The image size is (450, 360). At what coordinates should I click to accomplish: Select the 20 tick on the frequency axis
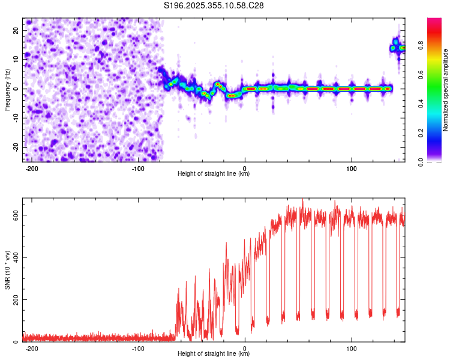coord(17,30)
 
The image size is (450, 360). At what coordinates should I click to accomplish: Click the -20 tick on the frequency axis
coord(16,147)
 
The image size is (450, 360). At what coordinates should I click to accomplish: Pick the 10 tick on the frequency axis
coord(17,59)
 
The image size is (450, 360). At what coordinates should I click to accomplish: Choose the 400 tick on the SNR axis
coord(14,257)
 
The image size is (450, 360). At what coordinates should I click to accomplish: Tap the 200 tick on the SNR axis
coord(14,300)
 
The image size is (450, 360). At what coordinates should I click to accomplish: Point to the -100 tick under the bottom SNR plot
coord(138,348)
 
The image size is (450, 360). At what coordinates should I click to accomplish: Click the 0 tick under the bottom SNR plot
coord(245,348)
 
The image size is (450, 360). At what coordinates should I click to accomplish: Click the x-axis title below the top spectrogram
coord(214,174)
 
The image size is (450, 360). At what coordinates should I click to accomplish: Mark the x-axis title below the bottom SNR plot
coord(214,354)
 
